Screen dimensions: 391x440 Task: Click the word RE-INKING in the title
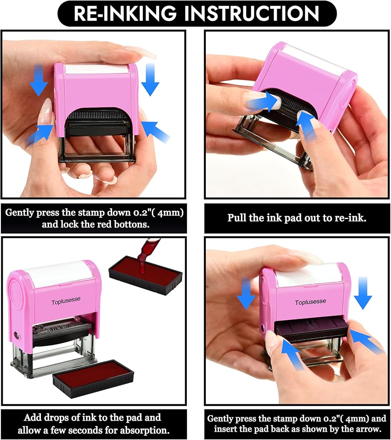(x=125, y=13)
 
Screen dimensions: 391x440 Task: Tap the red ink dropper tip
(x=143, y=270)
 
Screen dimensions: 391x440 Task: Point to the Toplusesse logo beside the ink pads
(x=66, y=301)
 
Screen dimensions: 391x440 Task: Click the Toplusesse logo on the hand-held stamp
(x=311, y=302)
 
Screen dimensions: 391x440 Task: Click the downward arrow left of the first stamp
(x=38, y=81)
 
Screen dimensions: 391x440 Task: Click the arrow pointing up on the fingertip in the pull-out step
(x=307, y=126)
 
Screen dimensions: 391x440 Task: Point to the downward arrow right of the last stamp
(x=363, y=293)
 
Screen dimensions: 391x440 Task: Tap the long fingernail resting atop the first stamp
(x=141, y=52)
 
